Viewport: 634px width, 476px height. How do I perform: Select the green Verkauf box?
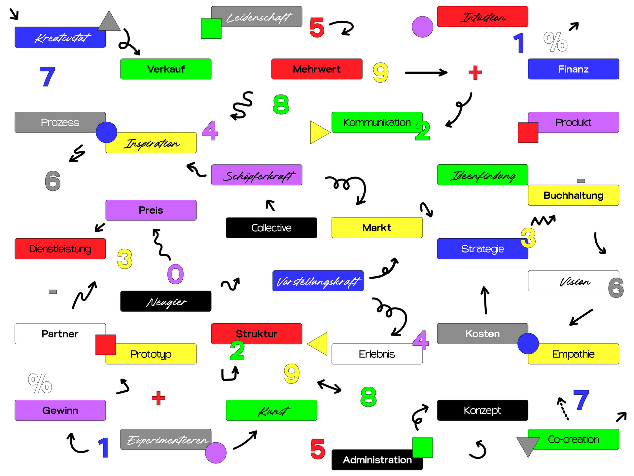[166, 69]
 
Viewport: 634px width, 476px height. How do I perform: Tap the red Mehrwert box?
[317, 69]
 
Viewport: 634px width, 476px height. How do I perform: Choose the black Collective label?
[271, 228]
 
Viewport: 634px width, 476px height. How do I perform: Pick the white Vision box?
[568, 281]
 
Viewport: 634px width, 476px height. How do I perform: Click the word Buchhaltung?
[573, 195]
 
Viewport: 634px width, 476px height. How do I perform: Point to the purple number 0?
[175, 274]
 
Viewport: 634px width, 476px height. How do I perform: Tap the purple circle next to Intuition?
[422, 27]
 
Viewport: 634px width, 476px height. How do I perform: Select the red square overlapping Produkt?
[528, 133]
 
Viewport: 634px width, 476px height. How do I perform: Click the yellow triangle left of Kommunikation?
[319, 132]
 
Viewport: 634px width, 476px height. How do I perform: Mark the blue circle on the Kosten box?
[528, 343]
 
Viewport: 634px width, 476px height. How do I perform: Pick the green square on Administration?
[422, 448]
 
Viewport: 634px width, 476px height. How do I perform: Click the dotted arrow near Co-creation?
[563, 409]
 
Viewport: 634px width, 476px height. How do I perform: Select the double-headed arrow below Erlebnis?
[329, 386]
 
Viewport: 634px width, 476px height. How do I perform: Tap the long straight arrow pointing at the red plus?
[426, 72]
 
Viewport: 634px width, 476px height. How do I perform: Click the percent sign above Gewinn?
[40, 383]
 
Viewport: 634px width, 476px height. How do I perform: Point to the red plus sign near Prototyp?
[158, 398]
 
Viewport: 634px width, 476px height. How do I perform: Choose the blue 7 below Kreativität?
[47, 76]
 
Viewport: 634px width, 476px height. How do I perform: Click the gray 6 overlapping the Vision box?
[616, 288]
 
